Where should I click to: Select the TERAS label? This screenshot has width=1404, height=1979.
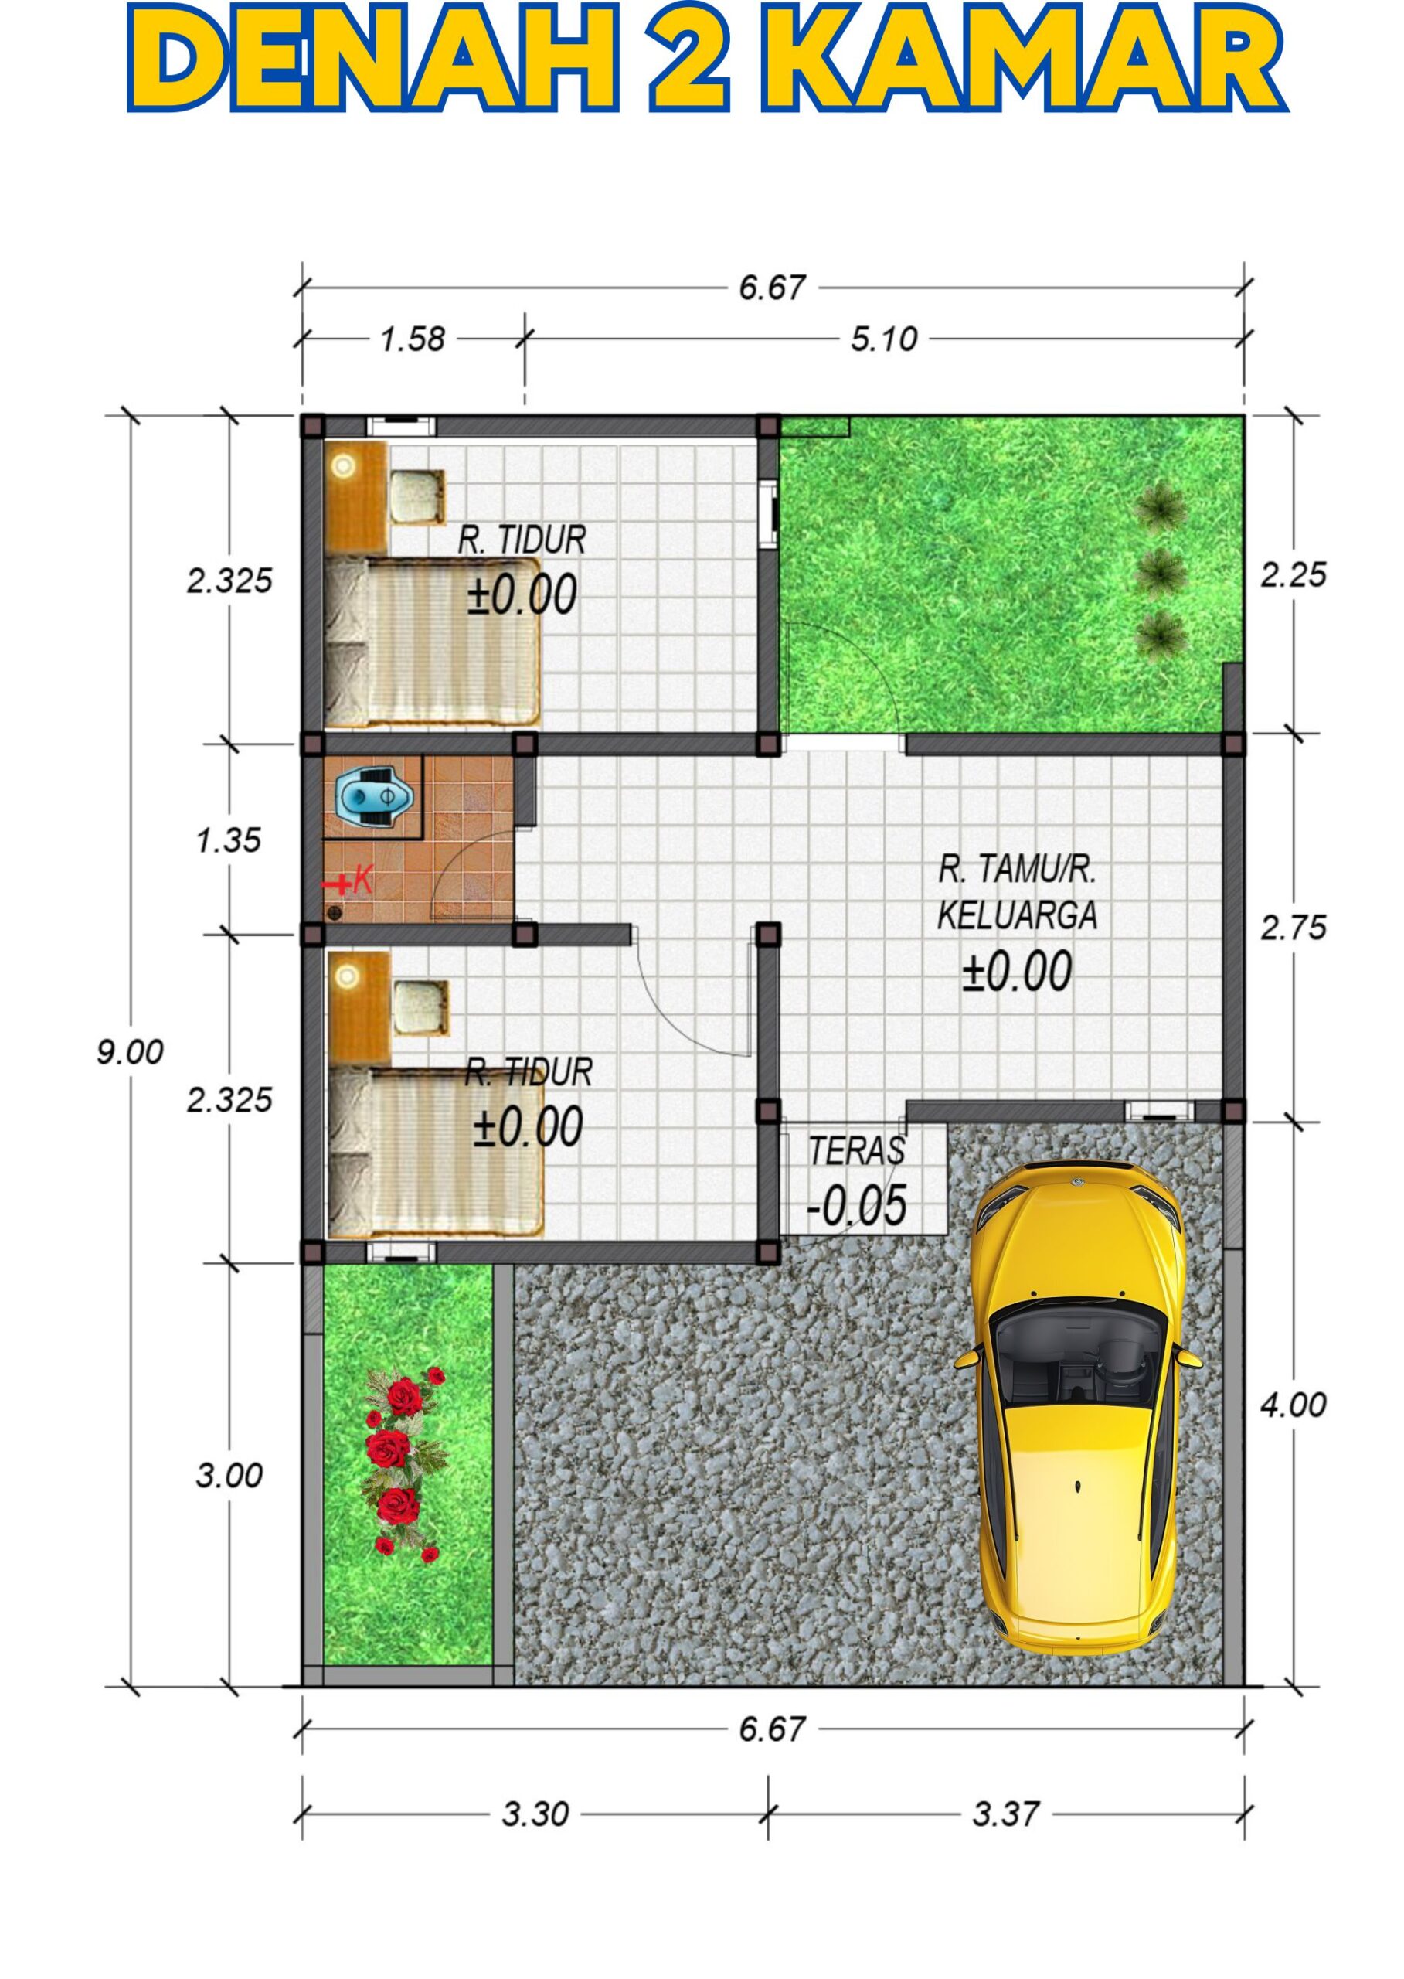(857, 1151)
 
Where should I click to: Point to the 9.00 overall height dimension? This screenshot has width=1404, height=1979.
(130, 1053)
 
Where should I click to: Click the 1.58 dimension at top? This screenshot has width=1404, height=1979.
(413, 339)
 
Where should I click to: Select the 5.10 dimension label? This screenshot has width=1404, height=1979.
(883, 339)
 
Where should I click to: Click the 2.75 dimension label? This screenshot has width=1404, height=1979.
(1293, 928)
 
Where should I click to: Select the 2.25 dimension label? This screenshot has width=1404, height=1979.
(1293, 574)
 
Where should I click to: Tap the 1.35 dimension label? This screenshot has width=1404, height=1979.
(228, 840)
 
